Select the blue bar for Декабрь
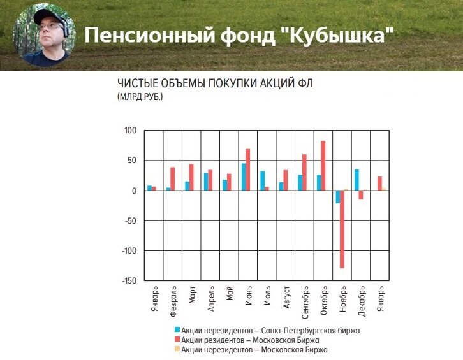point(356,180)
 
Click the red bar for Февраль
point(172,179)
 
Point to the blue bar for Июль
point(262,181)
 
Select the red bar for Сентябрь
point(304,172)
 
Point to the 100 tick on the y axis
point(130,131)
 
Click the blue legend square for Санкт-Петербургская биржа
point(177,330)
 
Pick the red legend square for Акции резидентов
point(177,340)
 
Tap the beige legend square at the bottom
point(177,350)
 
